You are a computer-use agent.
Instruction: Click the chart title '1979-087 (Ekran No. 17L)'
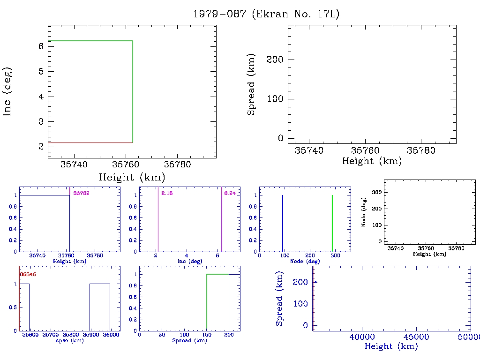tap(266, 14)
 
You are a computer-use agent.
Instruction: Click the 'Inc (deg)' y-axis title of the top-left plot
tap(8, 91)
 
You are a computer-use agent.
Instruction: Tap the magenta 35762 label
tap(81, 193)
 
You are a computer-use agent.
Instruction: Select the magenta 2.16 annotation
tap(166, 193)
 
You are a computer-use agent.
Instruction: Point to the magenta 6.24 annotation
tap(230, 193)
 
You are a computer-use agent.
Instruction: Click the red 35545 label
tap(28, 274)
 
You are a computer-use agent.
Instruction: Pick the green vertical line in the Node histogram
tap(332, 223)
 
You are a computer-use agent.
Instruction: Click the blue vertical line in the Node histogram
tap(283, 223)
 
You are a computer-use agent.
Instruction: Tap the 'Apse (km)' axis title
tap(69, 340)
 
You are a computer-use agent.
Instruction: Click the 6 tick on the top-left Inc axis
tap(41, 46)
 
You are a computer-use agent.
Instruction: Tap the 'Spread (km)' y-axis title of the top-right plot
tap(252, 85)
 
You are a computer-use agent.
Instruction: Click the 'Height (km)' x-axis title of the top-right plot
tap(372, 161)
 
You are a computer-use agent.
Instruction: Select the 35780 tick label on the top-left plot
tap(177, 165)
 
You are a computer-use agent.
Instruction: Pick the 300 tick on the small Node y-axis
tap(375, 192)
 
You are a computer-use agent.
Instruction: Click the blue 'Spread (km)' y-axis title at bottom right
tap(279, 299)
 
